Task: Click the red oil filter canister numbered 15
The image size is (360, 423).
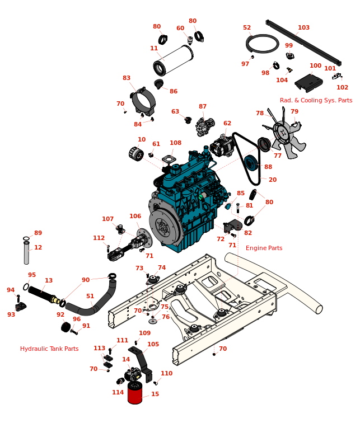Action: pos(135,393)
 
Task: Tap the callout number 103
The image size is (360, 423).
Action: pos(303,27)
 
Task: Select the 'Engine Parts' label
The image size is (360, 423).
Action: pos(264,248)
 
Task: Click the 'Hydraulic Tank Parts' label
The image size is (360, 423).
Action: pos(49,349)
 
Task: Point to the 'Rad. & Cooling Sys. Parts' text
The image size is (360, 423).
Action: pos(316,100)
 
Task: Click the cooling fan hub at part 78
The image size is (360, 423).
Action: pos(283,132)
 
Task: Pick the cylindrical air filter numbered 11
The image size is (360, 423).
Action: pos(173,60)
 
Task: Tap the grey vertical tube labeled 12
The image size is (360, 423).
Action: pos(26,253)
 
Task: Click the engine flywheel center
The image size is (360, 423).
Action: pos(163,226)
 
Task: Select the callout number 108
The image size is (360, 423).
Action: pos(175,143)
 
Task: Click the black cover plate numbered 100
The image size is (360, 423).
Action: pos(308,83)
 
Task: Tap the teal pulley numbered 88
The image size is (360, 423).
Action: pos(251,163)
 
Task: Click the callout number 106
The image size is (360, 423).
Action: pos(135,216)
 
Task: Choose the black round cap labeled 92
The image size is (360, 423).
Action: pos(66,327)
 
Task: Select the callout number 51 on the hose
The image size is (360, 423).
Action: pos(90,296)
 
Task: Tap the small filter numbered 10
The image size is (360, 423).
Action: pos(136,154)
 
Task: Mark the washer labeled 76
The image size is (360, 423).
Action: pos(153,321)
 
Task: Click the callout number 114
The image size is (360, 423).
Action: pos(118,392)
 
